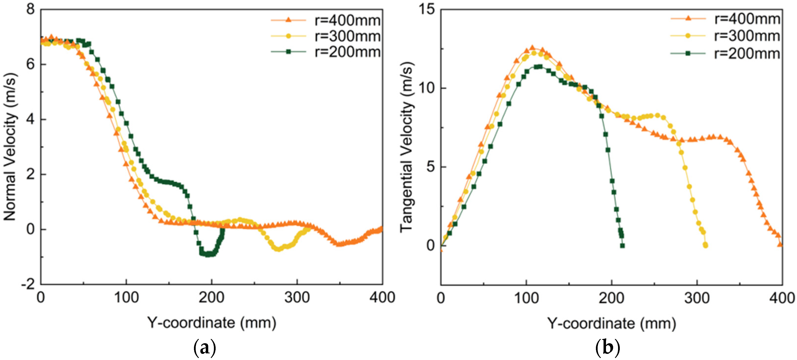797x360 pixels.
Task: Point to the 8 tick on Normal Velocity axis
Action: point(30,9)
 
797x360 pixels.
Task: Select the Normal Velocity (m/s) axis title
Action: point(10,147)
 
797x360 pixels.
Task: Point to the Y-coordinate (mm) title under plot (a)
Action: point(212,323)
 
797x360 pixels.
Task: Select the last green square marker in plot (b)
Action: point(622,246)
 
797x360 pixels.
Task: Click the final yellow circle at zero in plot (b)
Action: point(705,245)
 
